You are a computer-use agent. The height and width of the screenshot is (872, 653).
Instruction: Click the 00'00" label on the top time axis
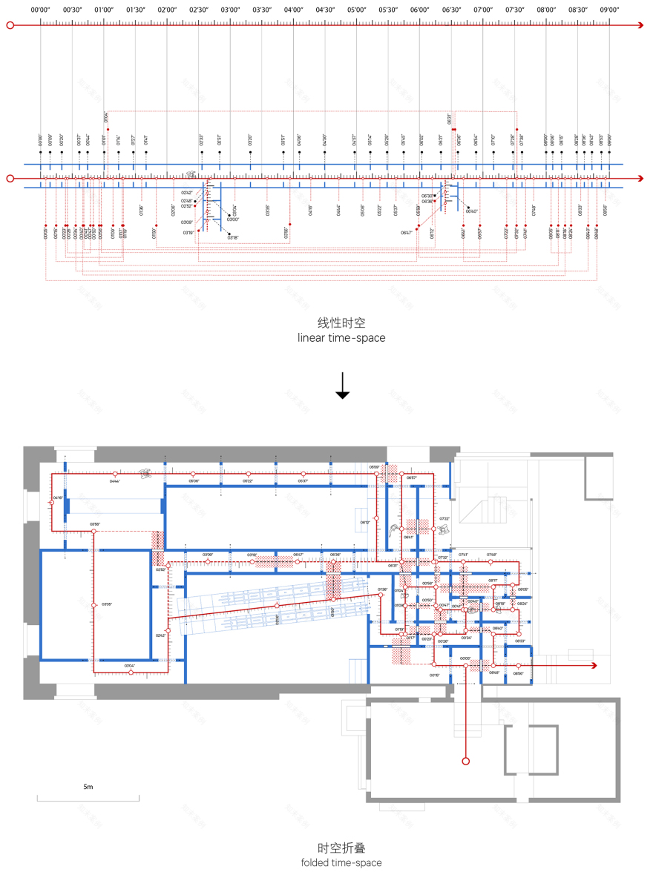coord(40,10)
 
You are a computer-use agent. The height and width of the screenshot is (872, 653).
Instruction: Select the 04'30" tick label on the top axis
coord(324,10)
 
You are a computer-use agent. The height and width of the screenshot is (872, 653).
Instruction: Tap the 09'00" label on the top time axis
coord(609,10)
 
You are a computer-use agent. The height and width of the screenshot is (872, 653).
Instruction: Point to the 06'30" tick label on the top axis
coord(450,10)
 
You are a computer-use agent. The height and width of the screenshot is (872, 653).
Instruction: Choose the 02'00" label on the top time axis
coord(166,10)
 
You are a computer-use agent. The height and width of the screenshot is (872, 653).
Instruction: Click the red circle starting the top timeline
coord(10,25)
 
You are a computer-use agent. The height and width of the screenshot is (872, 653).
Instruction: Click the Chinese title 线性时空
coord(341,323)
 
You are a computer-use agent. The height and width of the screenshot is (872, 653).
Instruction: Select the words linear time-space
coord(341,338)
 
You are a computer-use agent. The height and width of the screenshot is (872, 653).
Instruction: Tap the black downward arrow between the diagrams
coord(342,386)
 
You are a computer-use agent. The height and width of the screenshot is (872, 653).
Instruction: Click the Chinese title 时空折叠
coord(341,848)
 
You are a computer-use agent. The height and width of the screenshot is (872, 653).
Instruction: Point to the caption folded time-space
coord(341,862)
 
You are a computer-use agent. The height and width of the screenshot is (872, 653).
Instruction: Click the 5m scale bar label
coord(88,786)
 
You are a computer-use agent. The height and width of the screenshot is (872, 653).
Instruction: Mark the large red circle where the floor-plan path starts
coord(466,761)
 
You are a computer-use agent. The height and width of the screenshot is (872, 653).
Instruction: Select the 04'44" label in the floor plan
coord(115,481)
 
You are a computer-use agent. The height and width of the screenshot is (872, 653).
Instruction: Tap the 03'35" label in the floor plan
coord(106,604)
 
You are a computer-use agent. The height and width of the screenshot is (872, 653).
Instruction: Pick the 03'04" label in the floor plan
coord(130,665)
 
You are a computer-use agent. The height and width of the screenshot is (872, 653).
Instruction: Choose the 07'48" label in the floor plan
coord(492,555)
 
